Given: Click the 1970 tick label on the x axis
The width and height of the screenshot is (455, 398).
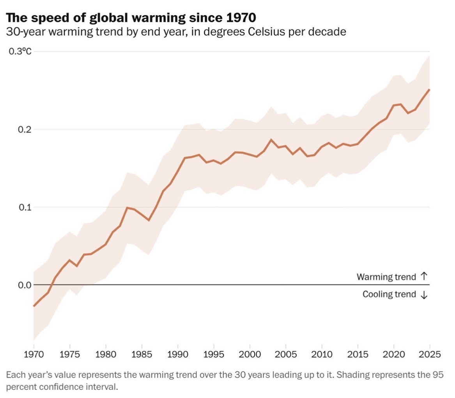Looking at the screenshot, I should pyautogui.click(x=34, y=355).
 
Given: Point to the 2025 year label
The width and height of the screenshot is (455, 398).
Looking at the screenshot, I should pyautogui.click(x=430, y=355).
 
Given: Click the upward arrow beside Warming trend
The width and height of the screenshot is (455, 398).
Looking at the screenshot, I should pyautogui.click(x=424, y=277).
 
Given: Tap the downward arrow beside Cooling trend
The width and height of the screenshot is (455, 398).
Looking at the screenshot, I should pyautogui.click(x=424, y=295).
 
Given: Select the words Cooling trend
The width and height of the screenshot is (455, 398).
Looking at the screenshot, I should pyautogui.click(x=389, y=294).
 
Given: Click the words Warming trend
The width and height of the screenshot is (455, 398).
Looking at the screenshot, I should pyautogui.click(x=386, y=277).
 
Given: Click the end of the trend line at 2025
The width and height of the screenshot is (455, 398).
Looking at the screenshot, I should pyautogui.click(x=430, y=89).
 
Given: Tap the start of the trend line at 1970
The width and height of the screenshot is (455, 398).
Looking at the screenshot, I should pyautogui.click(x=34, y=306).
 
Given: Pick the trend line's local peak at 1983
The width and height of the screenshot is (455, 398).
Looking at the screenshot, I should pyautogui.click(x=127, y=208).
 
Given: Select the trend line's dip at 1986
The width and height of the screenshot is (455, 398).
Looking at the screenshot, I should pyautogui.click(x=149, y=220).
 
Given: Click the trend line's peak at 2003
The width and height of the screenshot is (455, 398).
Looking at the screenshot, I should pyautogui.click(x=271, y=139).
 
